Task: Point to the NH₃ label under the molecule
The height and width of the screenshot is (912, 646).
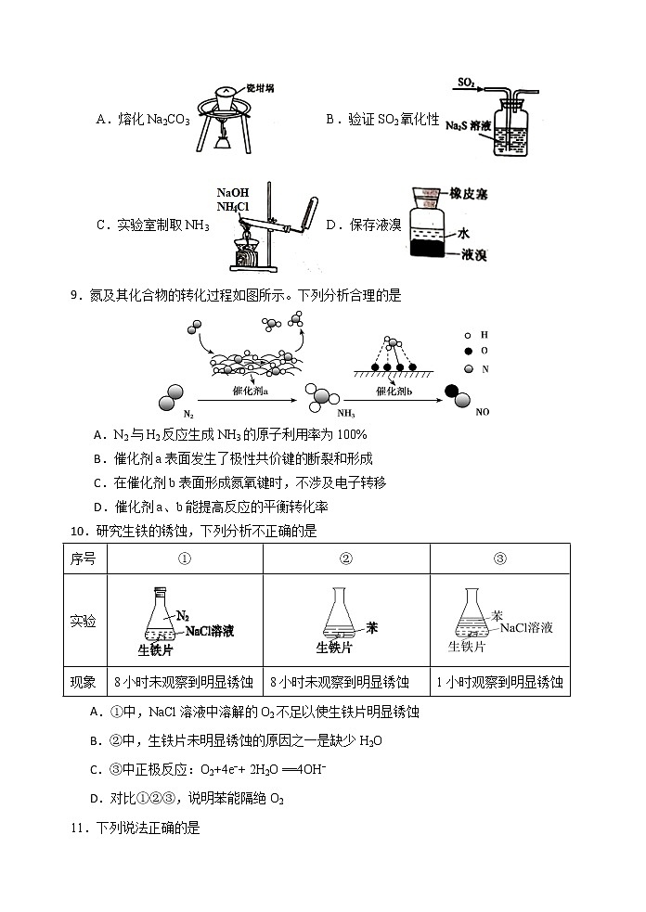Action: [x=346, y=414]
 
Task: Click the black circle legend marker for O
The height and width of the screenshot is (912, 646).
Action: [x=470, y=351]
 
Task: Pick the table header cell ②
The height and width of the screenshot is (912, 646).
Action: [x=346, y=559]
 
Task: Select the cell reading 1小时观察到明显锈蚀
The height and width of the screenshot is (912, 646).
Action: [x=499, y=682]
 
